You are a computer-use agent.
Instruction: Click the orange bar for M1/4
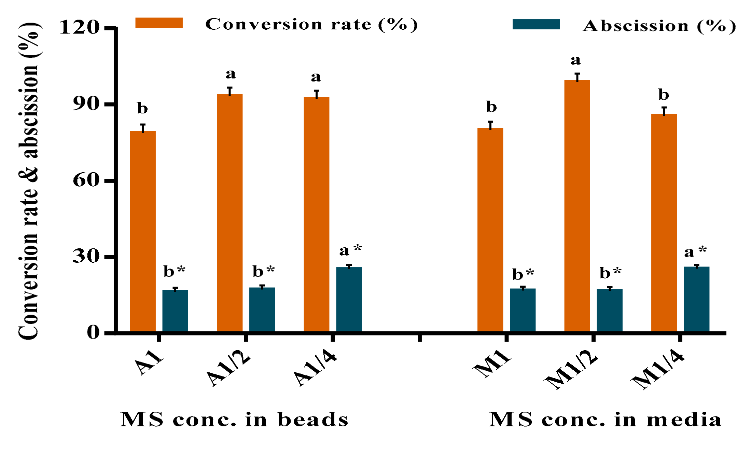click(x=664, y=222)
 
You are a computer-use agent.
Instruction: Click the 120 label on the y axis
click(x=80, y=27)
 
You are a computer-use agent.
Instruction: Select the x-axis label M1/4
click(x=658, y=371)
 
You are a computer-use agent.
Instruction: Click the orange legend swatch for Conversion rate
click(x=159, y=23)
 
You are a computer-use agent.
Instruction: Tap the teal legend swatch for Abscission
click(x=536, y=24)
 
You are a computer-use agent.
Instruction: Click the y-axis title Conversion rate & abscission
click(x=29, y=181)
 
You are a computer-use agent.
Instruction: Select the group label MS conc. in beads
click(x=234, y=420)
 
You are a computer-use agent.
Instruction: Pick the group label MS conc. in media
click(x=605, y=420)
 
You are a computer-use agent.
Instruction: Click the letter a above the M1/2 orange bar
click(x=575, y=60)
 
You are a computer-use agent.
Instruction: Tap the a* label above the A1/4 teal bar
click(x=350, y=250)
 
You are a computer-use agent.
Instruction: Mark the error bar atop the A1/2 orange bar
click(x=230, y=91)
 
